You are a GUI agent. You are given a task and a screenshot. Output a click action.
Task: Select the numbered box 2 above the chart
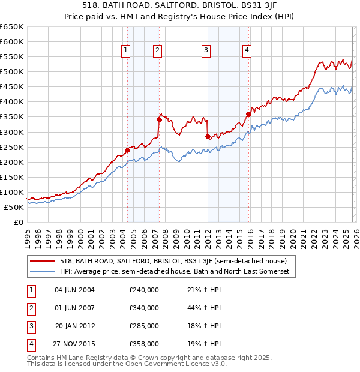(157, 51)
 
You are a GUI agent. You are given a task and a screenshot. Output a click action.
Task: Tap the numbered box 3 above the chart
(206, 51)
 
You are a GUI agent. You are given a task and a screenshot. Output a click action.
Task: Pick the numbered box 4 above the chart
(247, 51)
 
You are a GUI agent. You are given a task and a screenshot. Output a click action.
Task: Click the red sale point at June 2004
(127, 150)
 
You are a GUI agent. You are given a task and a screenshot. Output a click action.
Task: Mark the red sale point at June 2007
(159, 119)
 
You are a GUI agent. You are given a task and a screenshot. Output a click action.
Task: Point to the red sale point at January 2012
(208, 136)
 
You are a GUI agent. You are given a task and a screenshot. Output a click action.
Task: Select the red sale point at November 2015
(248, 114)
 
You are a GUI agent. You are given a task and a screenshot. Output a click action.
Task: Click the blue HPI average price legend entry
(174, 272)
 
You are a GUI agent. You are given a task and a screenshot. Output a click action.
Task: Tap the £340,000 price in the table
(144, 308)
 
